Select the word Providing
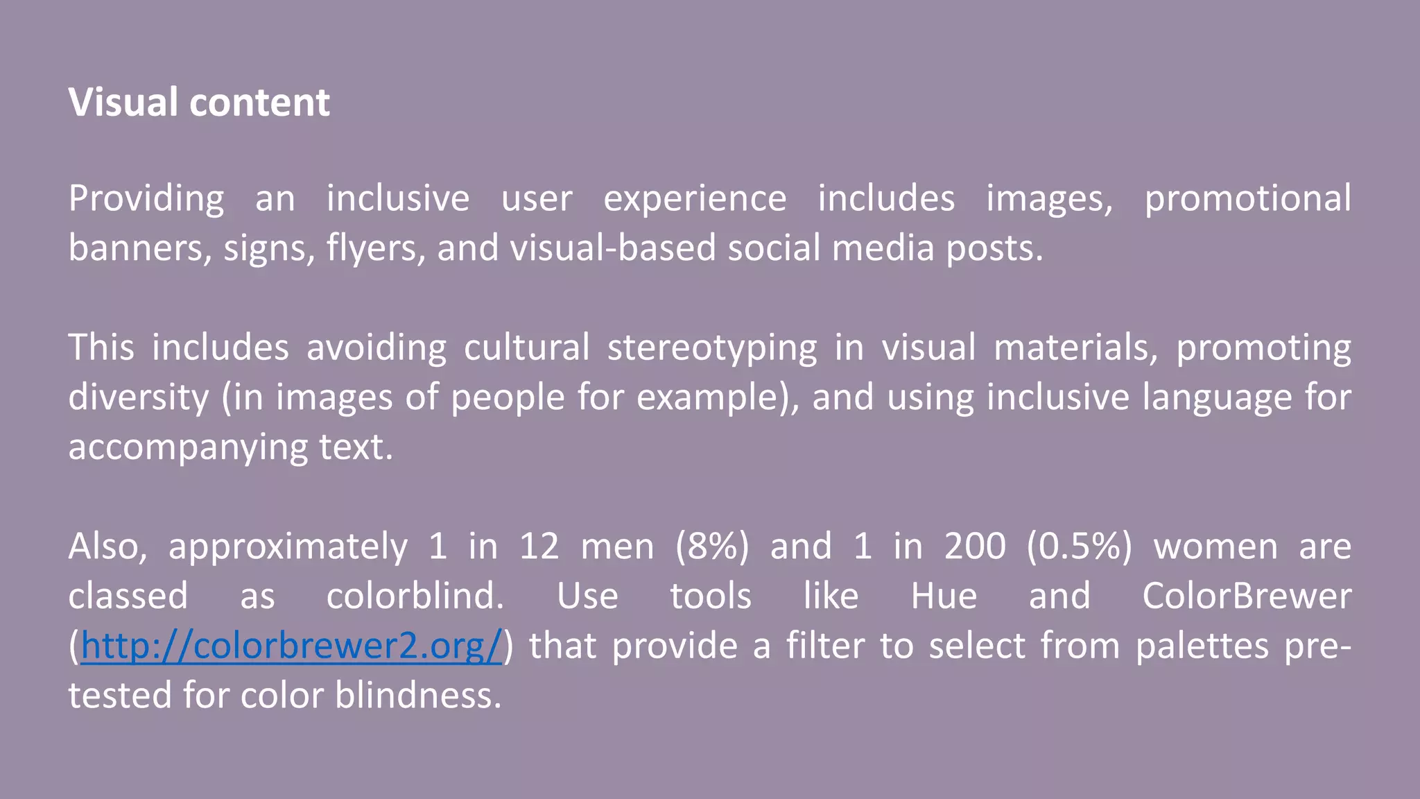tap(146, 199)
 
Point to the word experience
tap(695, 199)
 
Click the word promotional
tap(1247, 199)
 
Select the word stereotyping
tap(712, 347)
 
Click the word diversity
tap(138, 397)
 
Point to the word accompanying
tap(187, 447)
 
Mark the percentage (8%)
tap(712, 547)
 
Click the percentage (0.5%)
tap(1079, 547)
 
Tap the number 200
tap(975, 547)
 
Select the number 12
tap(539, 547)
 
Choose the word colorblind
tap(415, 596)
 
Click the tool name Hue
tap(944, 596)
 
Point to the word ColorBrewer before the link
tap(1247, 596)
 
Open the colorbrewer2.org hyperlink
tap(291, 646)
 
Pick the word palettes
tap(1202, 646)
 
